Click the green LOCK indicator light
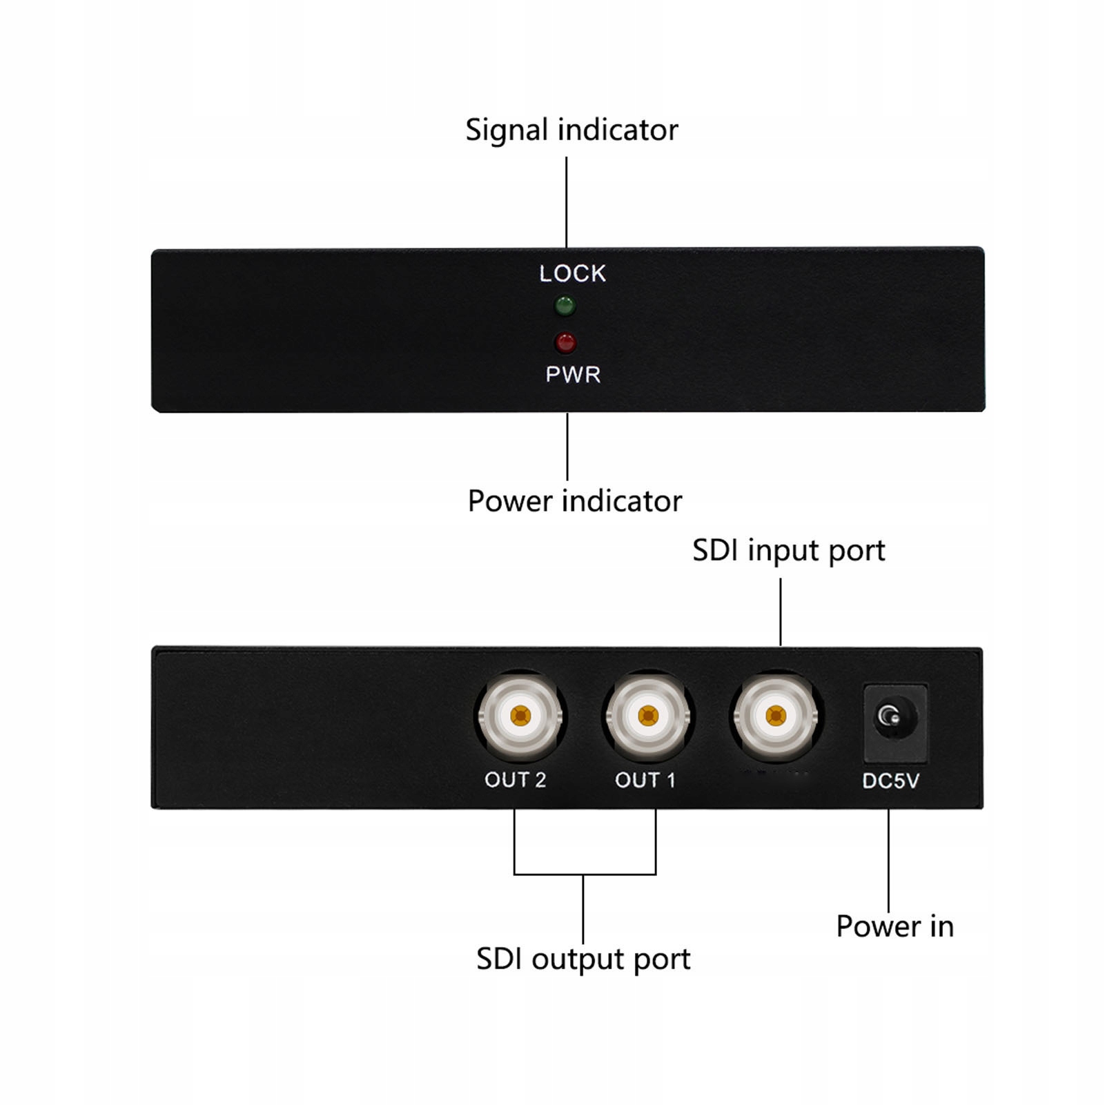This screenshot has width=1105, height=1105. click(x=565, y=306)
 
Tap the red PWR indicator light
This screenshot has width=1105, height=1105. click(x=565, y=342)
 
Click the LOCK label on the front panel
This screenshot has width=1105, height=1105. click(x=572, y=274)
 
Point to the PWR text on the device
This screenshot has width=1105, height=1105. click(x=573, y=375)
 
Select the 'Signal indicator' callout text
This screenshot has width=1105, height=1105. click(x=571, y=130)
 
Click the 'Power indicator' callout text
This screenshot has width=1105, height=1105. click(x=574, y=501)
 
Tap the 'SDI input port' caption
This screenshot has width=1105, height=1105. click(x=788, y=551)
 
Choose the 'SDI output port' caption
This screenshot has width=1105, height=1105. click(x=583, y=959)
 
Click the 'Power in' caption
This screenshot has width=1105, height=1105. click(x=894, y=926)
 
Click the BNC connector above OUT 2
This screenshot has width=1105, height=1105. click(x=520, y=716)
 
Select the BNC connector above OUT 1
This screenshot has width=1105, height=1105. click(x=647, y=716)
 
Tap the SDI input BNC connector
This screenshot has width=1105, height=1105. click(x=776, y=716)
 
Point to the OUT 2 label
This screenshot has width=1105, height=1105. click(x=515, y=780)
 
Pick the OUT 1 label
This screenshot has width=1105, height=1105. click(x=645, y=780)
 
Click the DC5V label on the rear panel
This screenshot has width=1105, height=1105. click(x=890, y=781)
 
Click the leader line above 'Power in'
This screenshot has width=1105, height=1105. click(x=888, y=859)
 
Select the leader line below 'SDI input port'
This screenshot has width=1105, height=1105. click(x=781, y=612)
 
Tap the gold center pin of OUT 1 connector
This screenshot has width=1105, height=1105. click(x=647, y=716)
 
